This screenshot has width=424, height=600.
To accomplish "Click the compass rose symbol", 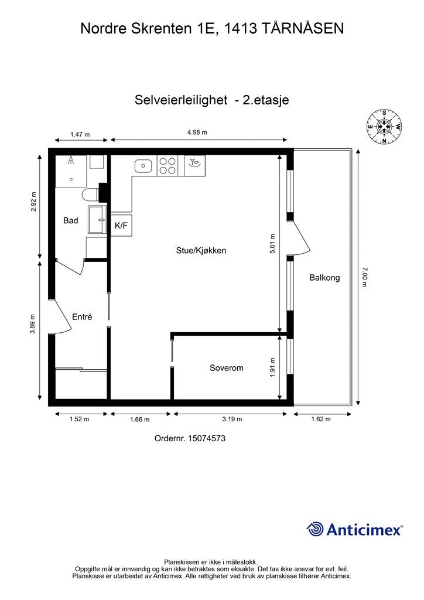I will tap(384, 126).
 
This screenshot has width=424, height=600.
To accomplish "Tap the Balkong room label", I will tap(324, 278).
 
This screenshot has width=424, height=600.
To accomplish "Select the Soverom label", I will tap(226, 368).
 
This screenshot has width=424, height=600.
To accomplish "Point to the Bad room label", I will tap(71, 221).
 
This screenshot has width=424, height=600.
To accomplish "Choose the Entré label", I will tap(82, 316).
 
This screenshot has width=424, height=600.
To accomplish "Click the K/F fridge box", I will tap(121, 225).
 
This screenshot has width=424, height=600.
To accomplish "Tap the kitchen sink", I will tap(143, 166).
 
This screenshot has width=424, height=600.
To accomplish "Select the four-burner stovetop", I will tap(167, 166).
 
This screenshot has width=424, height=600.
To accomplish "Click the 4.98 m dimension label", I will tap(197, 132).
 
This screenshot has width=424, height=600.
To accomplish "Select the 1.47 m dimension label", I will tap(80, 134).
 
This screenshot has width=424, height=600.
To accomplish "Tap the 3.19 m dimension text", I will tap(232, 419).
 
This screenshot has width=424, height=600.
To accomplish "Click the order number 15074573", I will tap(190, 438).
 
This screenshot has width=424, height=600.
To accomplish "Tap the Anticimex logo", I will tap(355, 529).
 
